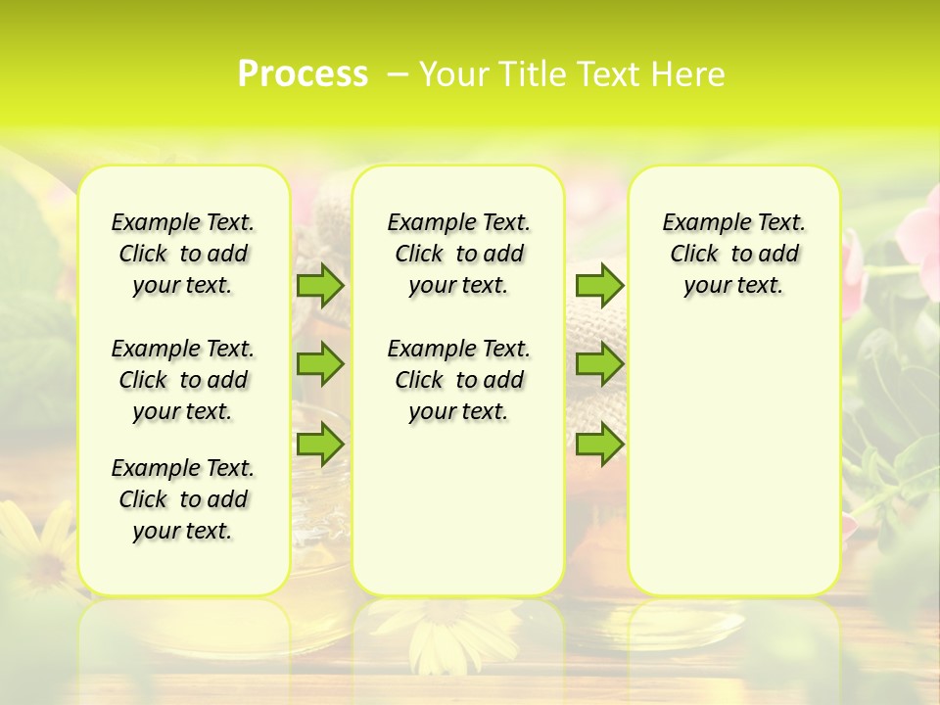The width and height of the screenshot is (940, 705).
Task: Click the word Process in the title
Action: [303, 73]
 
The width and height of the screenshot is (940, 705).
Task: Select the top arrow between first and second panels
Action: [320, 285]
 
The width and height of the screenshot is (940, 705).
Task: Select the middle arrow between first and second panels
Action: [320, 364]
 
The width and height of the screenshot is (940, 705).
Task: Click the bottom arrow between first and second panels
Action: [320, 444]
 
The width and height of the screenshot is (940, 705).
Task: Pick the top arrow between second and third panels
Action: [599, 285]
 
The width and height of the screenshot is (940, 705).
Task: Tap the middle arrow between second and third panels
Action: [599, 364]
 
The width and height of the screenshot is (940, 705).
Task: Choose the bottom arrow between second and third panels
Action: [599, 444]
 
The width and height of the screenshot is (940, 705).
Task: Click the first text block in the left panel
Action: [183, 254]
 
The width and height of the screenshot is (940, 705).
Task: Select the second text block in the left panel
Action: [183, 380]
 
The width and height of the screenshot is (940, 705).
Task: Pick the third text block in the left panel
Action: [183, 499]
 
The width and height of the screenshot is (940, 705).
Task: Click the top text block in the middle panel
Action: [458, 254]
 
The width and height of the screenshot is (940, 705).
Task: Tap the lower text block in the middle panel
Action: [458, 380]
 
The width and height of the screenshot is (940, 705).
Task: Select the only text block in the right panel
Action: [733, 254]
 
